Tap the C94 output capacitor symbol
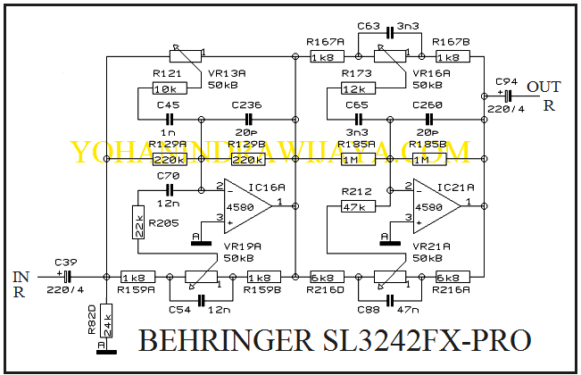(508, 95)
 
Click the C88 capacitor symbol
(389, 297)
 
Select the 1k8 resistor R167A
(323, 56)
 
